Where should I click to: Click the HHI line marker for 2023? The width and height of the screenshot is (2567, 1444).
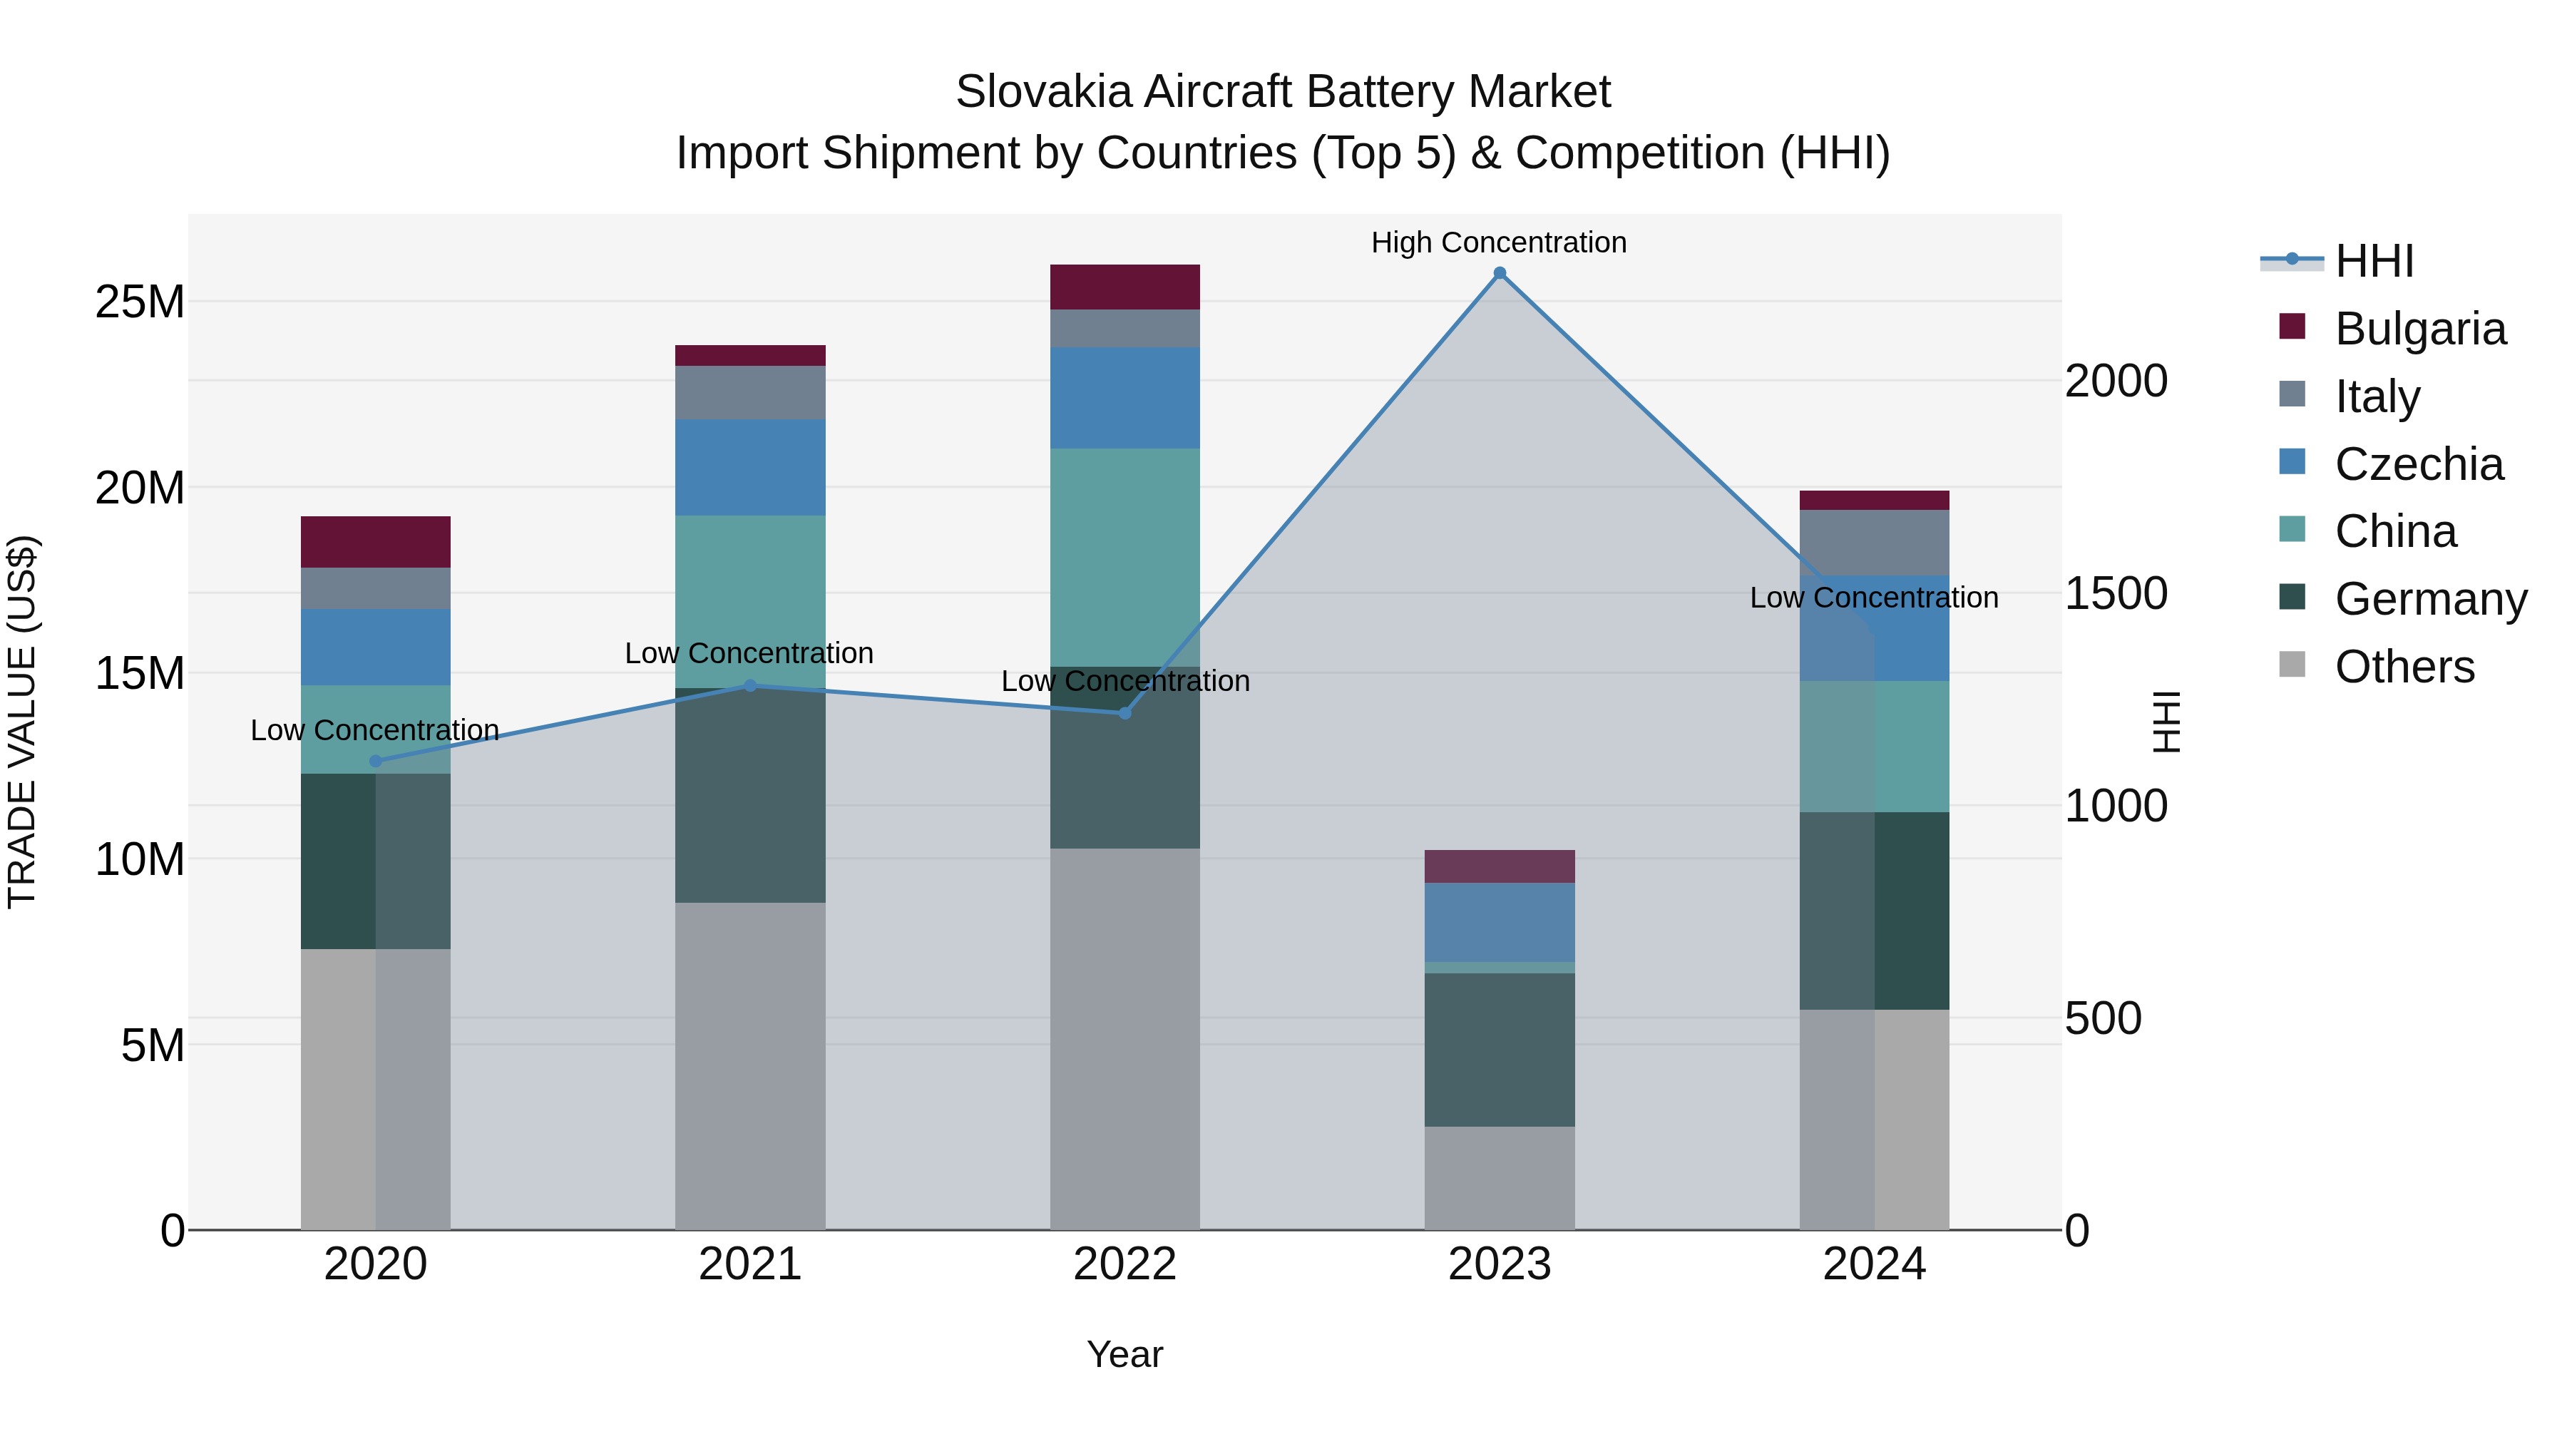tap(1499, 273)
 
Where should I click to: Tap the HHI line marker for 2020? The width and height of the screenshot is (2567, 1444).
tap(376, 762)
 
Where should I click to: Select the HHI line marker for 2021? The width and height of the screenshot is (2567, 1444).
tap(750, 685)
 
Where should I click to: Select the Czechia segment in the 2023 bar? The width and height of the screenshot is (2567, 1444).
tap(1499, 922)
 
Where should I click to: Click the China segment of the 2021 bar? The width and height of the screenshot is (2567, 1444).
tap(750, 601)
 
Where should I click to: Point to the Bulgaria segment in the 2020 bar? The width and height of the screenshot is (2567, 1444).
tap(376, 542)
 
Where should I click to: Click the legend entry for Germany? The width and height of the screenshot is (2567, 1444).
tap(2431, 599)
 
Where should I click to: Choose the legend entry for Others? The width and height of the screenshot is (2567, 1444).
tap(2404, 667)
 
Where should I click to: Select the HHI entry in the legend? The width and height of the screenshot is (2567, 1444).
tap(2374, 261)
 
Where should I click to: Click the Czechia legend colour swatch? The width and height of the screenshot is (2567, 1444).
tap(2292, 462)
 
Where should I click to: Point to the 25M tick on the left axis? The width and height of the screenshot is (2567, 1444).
tap(140, 302)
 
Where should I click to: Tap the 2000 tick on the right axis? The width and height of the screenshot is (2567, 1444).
tap(2115, 381)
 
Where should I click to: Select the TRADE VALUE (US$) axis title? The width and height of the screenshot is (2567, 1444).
tap(22, 722)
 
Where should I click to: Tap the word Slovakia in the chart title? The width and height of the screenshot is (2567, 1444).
tap(1043, 93)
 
